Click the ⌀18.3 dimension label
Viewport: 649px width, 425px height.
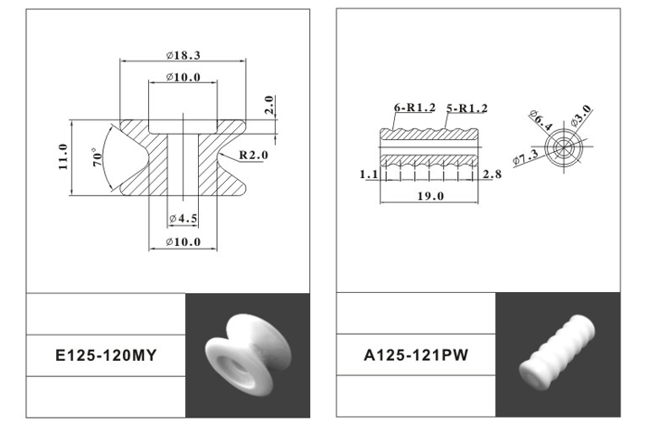[183, 55]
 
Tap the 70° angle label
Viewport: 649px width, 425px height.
[97, 157]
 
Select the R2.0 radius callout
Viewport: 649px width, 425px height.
[253, 155]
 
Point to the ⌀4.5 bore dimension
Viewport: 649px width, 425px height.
[183, 218]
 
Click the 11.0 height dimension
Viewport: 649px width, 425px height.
[63, 156]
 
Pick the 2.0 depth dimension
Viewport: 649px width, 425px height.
[269, 104]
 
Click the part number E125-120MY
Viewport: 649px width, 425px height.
[106, 355]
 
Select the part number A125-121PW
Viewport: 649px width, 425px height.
[416, 355]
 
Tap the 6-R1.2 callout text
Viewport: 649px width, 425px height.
[414, 108]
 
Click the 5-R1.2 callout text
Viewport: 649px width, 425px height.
[467, 109]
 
